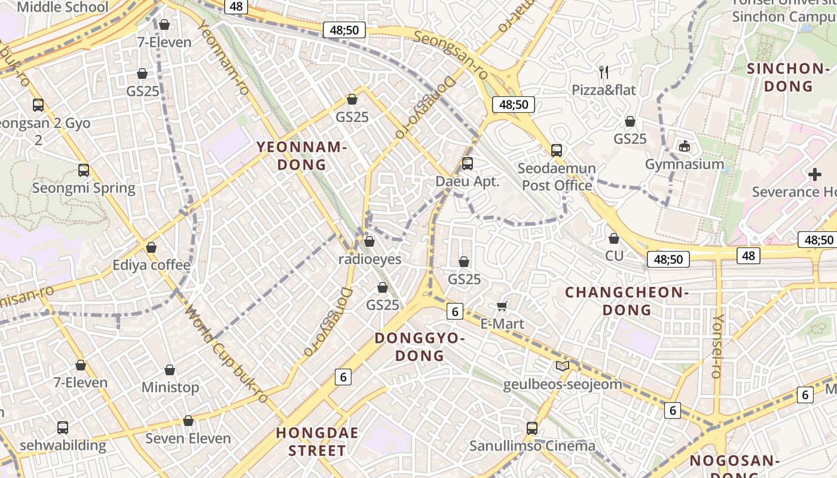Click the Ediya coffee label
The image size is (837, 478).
(152, 265)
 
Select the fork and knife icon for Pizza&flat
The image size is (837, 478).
(604, 72)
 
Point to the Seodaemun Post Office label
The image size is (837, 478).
(557, 177)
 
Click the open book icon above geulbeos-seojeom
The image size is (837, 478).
(562, 366)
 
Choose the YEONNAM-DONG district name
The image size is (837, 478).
(302, 156)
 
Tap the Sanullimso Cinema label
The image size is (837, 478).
(532, 446)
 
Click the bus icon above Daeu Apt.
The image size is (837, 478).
(468, 163)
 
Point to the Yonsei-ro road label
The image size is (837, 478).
(716, 346)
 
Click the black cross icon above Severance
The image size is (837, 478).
(814, 174)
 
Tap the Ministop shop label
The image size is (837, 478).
(170, 387)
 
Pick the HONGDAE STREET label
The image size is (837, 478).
(317, 442)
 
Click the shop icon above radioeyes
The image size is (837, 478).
(369, 241)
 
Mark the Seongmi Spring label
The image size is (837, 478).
(84, 188)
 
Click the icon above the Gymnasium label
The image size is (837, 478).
(685, 146)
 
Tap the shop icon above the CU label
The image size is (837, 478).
(614, 238)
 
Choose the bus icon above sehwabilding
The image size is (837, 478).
(63, 428)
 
